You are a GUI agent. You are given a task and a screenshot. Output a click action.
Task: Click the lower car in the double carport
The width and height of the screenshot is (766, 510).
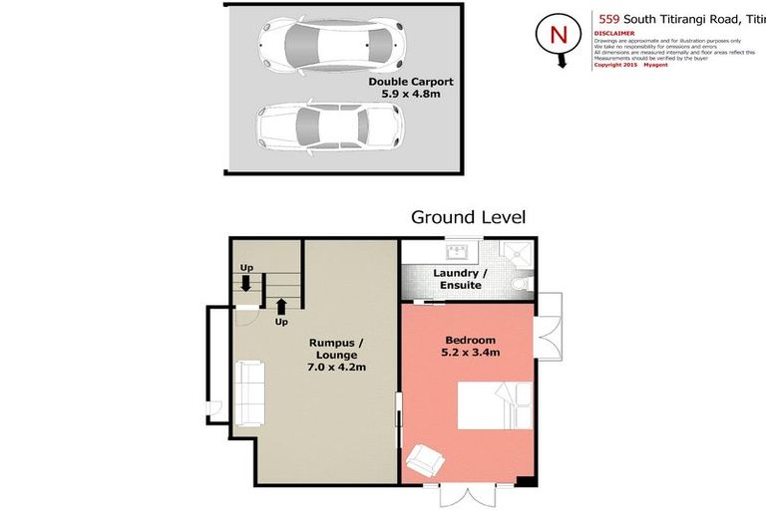(330, 125)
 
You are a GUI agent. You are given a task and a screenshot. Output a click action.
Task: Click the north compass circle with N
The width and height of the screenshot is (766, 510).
(558, 34)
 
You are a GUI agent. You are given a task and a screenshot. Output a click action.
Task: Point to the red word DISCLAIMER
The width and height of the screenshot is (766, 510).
(614, 31)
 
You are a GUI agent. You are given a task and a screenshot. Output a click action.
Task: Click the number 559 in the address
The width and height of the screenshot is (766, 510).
(607, 17)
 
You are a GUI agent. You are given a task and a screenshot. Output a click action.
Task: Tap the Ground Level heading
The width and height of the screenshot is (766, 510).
(468, 217)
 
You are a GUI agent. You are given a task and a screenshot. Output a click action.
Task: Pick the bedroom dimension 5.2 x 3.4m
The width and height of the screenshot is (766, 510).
(470, 352)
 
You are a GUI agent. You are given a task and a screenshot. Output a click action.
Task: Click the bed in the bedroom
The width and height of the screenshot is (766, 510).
(494, 406)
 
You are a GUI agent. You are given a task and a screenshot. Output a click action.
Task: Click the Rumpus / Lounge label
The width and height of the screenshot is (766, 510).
(334, 353)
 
